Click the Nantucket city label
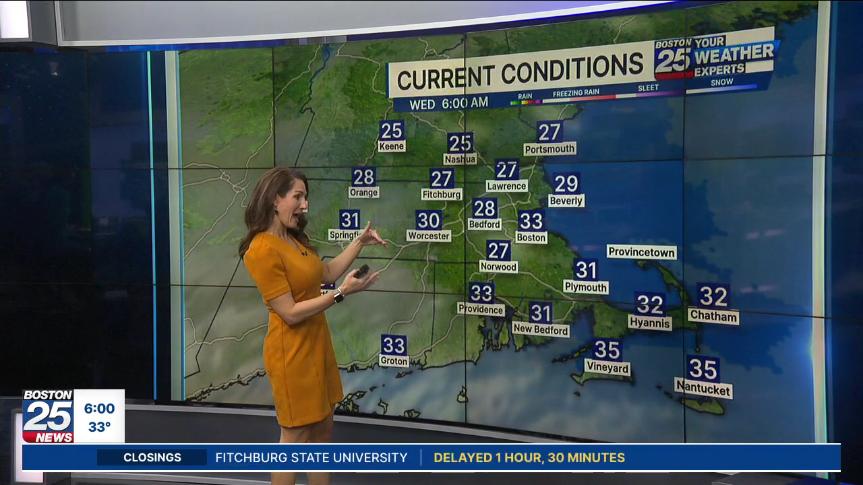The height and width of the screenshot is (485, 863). pyautogui.click(x=703, y=389)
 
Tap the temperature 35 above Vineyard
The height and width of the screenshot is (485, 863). pyautogui.click(x=607, y=350)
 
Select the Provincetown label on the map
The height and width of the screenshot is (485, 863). pyautogui.click(x=641, y=252)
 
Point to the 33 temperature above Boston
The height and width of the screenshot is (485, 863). pyautogui.click(x=531, y=220)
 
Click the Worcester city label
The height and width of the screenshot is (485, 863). pyautogui.click(x=428, y=236)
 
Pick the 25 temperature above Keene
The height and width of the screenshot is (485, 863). pyautogui.click(x=392, y=130)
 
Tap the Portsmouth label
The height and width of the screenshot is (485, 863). pyautogui.click(x=549, y=149)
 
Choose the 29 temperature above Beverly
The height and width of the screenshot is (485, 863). pyautogui.click(x=566, y=183)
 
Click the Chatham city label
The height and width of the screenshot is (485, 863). pyautogui.click(x=713, y=315)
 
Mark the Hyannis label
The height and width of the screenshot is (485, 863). pyautogui.click(x=650, y=323)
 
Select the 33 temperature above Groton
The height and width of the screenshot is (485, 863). pyautogui.click(x=394, y=346)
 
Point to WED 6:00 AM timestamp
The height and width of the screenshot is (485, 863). pyautogui.click(x=449, y=104)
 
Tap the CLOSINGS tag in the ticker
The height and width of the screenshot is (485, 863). pyautogui.click(x=152, y=458)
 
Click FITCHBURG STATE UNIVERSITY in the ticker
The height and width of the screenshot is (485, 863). pyautogui.click(x=311, y=458)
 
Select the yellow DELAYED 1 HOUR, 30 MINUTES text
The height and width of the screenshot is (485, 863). pyautogui.click(x=529, y=458)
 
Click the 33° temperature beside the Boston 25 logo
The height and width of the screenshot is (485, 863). pyautogui.click(x=99, y=427)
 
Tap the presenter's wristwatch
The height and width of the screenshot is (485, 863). pyautogui.click(x=338, y=296)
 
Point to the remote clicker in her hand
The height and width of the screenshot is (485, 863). pyautogui.click(x=363, y=271)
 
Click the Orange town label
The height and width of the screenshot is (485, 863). pyautogui.click(x=363, y=193)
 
